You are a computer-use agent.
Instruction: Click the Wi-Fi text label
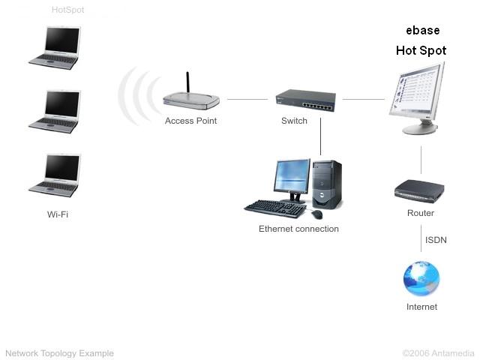[x=58, y=214]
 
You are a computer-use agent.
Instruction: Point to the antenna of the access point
[x=187, y=82]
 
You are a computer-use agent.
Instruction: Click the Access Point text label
[x=190, y=121]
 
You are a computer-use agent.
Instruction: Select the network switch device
[x=305, y=100]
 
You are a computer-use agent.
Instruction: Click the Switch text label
[x=294, y=121]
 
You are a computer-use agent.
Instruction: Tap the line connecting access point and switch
[x=247, y=99]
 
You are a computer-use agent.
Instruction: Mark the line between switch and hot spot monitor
[x=364, y=99]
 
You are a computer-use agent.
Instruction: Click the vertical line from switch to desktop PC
[x=321, y=135]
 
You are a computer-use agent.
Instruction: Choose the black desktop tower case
[x=327, y=184]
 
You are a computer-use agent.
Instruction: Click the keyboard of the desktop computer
[x=274, y=207]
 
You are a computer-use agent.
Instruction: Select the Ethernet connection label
[x=298, y=229]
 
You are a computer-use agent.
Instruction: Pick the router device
[x=420, y=190]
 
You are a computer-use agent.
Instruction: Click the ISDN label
[x=436, y=240]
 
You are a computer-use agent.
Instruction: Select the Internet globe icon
[x=421, y=279]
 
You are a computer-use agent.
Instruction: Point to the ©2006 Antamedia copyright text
[x=438, y=353]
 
